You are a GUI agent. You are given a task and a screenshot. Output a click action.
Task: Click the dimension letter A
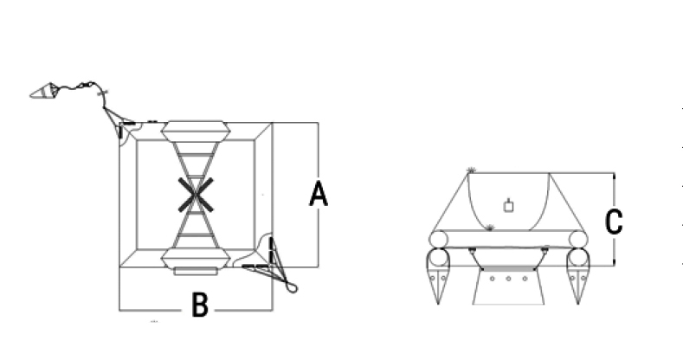[x=319, y=194]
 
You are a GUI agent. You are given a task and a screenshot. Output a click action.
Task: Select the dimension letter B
[x=200, y=305]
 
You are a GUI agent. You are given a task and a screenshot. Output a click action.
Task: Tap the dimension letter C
[x=614, y=222]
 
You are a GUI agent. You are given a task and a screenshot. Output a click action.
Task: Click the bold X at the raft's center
[x=196, y=195]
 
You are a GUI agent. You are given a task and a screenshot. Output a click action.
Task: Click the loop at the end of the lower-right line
[x=292, y=287]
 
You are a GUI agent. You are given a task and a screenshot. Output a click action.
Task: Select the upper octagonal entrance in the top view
[x=195, y=132]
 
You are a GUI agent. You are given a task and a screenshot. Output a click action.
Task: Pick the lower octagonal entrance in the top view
[x=195, y=258]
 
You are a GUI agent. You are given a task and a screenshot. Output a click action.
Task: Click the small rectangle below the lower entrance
[x=196, y=271]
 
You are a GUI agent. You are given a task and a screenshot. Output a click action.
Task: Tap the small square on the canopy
[x=508, y=206]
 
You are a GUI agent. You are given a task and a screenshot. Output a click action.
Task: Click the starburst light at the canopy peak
[x=471, y=170]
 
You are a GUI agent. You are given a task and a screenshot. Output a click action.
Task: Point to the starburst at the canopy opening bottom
[x=490, y=228]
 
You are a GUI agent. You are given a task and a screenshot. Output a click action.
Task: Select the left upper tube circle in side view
[x=438, y=240]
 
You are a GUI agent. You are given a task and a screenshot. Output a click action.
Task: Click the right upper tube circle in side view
[x=578, y=240]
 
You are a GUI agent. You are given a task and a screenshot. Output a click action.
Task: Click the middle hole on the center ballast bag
[x=508, y=279]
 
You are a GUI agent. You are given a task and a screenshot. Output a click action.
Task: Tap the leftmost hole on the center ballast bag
[x=493, y=279]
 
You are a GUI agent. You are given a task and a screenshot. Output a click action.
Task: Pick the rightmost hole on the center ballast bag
[x=525, y=279]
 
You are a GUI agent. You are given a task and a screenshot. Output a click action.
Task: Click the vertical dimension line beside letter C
[x=614, y=220]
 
